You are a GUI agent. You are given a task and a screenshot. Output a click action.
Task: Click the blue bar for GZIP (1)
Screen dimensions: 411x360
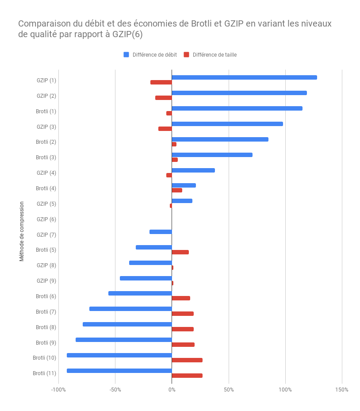[244, 77]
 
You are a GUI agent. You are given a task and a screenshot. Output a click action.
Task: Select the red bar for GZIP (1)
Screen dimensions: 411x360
[161, 82]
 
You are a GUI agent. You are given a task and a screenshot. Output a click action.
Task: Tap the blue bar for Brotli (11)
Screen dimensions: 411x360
[119, 371]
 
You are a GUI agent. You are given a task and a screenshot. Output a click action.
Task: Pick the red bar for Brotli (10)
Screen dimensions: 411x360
[187, 360]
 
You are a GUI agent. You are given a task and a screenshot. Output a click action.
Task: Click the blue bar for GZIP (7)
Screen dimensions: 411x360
[161, 232]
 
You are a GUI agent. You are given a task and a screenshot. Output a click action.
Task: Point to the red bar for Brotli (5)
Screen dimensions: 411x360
[180, 252]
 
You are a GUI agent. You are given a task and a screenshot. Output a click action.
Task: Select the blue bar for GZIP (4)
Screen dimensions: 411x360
[193, 170]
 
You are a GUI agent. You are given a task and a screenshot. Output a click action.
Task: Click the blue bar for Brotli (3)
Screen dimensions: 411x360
[212, 155]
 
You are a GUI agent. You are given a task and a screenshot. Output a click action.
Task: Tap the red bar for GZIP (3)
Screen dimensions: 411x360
[165, 129]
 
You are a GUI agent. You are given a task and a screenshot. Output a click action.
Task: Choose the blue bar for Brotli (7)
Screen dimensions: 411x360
[130, 309]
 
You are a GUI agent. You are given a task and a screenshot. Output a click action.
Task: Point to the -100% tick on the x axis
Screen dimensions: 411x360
[58, 390]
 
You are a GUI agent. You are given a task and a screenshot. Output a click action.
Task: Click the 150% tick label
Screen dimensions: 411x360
[342, 390]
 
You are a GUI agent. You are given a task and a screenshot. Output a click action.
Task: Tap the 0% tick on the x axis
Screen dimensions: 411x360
[172, 390]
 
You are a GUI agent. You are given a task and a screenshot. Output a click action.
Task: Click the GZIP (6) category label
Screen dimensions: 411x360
[46, 219]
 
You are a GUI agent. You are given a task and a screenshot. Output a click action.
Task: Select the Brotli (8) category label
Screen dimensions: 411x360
[46, 327]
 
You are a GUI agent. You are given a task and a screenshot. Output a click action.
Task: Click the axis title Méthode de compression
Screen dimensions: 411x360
[22, 231]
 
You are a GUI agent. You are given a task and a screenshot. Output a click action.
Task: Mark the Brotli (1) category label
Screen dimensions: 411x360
[46, 111]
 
